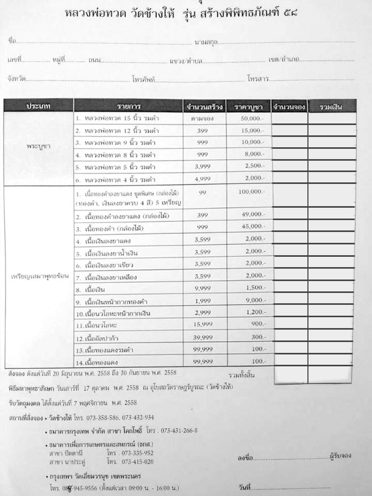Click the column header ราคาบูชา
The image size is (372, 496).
pos(250,106)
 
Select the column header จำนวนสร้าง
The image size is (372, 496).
pos(205,106)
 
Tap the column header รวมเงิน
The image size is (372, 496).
pos(331,106)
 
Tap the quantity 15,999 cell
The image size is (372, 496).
pos(205,326)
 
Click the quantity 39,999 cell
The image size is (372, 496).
pos(205,338)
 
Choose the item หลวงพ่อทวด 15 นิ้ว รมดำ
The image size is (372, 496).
pos(115,118)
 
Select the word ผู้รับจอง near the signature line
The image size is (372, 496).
pos(340,456)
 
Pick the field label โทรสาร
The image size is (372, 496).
pos(257,80)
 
